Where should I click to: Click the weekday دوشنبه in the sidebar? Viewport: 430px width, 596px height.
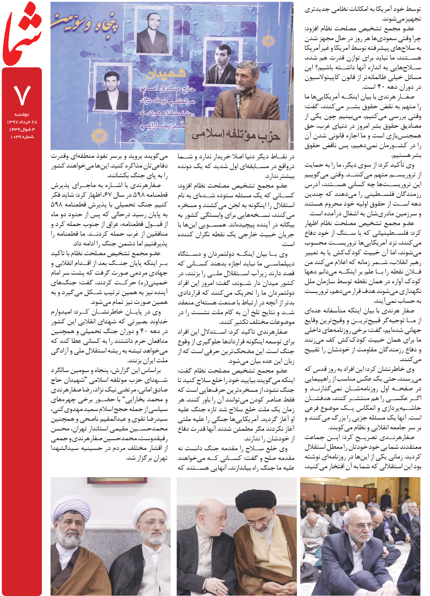22,114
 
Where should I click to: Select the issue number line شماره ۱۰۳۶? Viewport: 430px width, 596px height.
22,137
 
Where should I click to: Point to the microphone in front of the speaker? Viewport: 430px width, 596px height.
238,97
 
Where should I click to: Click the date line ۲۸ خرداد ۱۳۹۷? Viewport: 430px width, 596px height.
22,122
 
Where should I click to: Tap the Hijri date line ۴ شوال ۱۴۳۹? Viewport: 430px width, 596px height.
22,129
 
